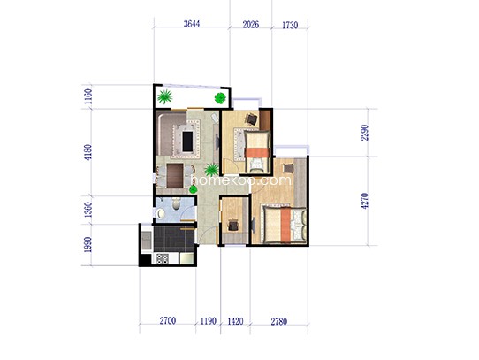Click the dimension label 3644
192,24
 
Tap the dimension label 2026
250,25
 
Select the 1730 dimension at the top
290,25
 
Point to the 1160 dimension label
88,96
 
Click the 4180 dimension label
88,152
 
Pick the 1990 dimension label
88,245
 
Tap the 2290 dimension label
364,133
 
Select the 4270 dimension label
364,201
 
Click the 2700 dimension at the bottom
168,320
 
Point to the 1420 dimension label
236,321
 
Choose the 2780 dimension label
279,321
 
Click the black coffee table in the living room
187,141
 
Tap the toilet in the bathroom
176,203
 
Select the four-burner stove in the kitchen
163,259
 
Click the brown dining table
175,176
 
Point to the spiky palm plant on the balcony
164,96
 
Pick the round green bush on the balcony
220,98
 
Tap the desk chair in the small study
233,226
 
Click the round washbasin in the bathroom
161,213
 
